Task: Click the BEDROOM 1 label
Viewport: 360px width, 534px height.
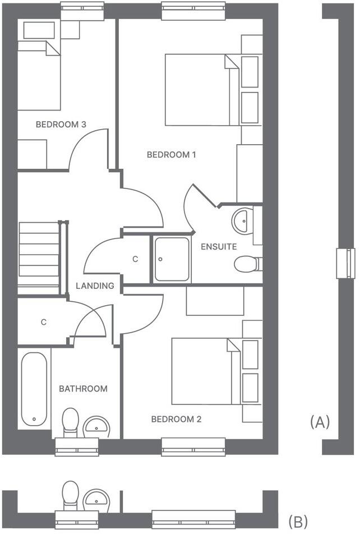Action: (x=171, y=154)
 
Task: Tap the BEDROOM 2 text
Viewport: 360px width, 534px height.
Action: (x=176, y=419)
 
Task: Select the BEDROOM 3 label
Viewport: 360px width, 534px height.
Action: (x=61, y=125)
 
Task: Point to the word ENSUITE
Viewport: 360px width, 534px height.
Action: (x=219, y=246)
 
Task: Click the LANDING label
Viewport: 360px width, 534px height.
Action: (x=95, y=286)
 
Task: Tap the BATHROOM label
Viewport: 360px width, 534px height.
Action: (x=83, y=388)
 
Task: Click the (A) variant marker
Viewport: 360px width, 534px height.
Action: (x=320, y=422)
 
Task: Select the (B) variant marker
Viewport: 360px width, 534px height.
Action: (x=298, y=521)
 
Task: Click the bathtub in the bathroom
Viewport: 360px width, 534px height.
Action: (x=35, y=389)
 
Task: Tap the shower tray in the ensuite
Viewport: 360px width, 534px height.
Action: (x=172, y=259)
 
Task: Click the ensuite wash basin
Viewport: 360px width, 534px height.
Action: (x=242, y=220)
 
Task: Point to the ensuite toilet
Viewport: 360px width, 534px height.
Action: (x=247, y=264)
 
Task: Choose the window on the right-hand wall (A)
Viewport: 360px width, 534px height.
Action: (x=345, y=263)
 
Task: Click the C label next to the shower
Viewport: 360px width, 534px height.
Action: (x=135, y=259)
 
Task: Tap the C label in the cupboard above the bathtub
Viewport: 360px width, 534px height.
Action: (x=43, y=322)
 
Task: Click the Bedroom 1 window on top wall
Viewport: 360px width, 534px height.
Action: (x=193, y=11)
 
